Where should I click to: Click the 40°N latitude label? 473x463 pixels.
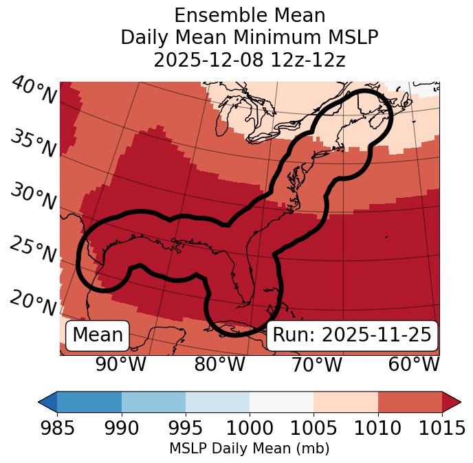point(34,91)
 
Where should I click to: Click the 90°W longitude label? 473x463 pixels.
point(120,364)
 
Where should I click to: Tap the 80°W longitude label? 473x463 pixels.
point(219,364)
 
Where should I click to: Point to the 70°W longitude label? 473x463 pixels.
point(316,364)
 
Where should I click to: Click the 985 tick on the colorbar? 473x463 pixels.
point(56,428)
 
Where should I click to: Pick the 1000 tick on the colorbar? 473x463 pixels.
point(250,428)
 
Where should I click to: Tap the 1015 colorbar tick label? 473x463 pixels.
point(443,428)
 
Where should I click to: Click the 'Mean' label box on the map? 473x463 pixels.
point(98,335)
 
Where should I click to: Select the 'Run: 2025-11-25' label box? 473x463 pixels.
point(352,335)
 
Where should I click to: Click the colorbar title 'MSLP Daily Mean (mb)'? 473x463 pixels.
point(249,449)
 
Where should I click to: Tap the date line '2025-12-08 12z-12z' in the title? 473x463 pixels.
point(249,60)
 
